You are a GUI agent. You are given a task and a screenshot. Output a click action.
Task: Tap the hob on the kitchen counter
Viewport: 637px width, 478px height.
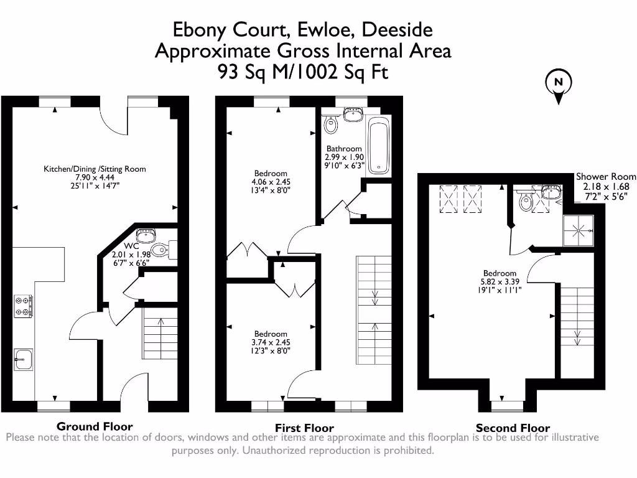click(x=24, y=306)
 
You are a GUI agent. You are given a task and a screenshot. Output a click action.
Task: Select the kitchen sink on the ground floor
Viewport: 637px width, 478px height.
click(x=24, y=359)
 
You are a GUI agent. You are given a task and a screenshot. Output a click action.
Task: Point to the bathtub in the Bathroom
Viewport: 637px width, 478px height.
click(x=379, y=146)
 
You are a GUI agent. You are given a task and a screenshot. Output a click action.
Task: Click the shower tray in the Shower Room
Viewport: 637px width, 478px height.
click(x=579, y=230)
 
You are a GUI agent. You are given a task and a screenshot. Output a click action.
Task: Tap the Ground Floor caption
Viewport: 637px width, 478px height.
click(x=95, y=426)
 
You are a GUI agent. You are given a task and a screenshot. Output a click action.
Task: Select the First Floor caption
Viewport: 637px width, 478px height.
click(x=304, y=428)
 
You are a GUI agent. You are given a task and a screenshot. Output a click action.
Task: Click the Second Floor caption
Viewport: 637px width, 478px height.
click(x=513, y=428)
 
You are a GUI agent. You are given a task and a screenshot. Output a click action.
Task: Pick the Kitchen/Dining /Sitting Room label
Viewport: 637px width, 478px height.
click(x=95, y=169)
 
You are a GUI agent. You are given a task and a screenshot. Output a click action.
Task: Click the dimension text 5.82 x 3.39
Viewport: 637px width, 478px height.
click(x=500, y=281)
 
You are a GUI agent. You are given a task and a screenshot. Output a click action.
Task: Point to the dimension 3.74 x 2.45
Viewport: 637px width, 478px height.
click(x=271, y=342)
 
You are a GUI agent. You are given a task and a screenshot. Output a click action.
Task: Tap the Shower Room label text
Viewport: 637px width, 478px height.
click(x=606, y=176)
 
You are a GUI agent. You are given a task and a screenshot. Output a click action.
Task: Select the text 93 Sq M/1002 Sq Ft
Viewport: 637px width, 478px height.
click(x=303, y=72)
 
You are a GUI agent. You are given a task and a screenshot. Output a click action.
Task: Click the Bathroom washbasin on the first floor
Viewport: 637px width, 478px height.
click(x=353, y=115)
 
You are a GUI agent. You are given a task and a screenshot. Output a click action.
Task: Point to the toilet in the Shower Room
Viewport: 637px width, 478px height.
click(x=526, y=201)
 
